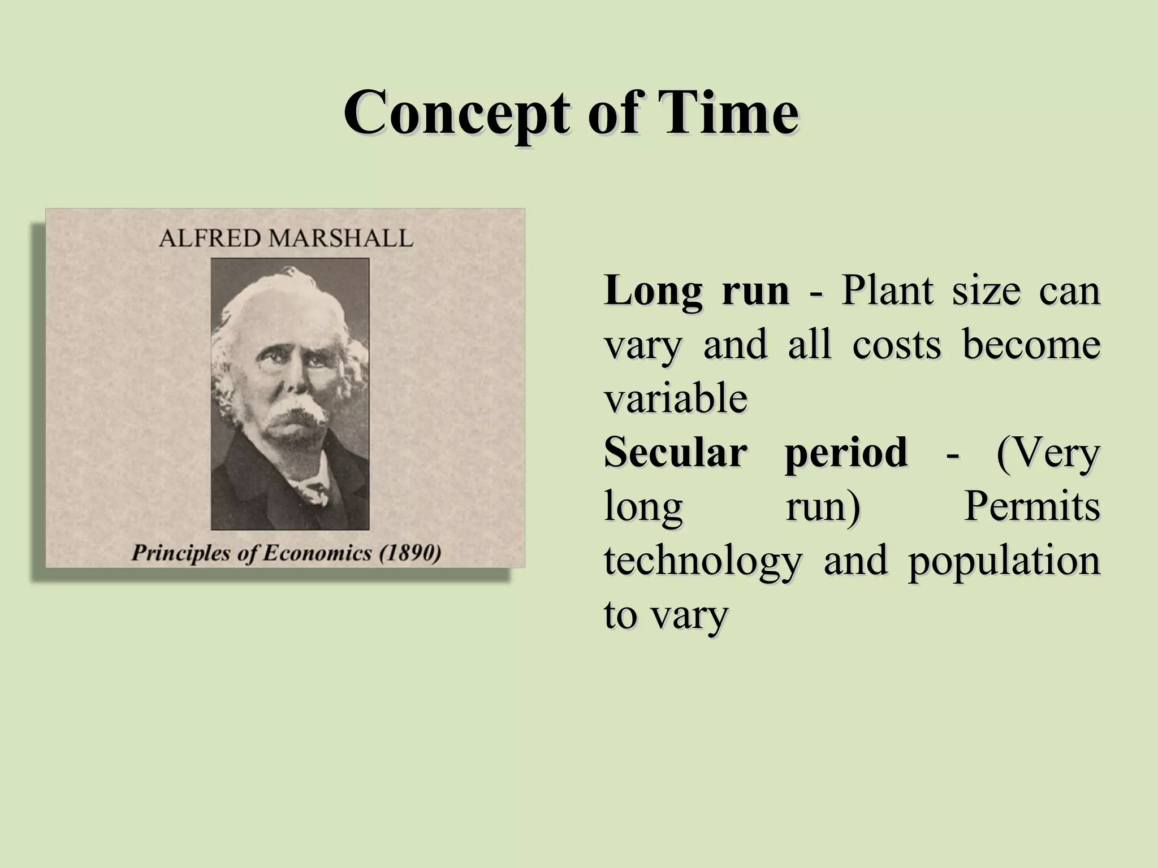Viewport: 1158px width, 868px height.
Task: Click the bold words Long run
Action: coord(697,291)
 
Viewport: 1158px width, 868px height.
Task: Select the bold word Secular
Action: coord(676,453)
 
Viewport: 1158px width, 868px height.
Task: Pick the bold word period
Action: coord(846,454)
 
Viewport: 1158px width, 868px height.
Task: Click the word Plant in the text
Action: coord(887,291)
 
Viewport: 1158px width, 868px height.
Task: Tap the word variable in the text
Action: coord(676,398)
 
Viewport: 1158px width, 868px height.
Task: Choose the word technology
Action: coord(703,562)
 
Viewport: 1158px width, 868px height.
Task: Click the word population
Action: coord(1004,562)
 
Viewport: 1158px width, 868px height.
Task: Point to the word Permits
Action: coord(1032,507)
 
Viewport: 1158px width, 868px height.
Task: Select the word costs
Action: coord(897,345)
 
